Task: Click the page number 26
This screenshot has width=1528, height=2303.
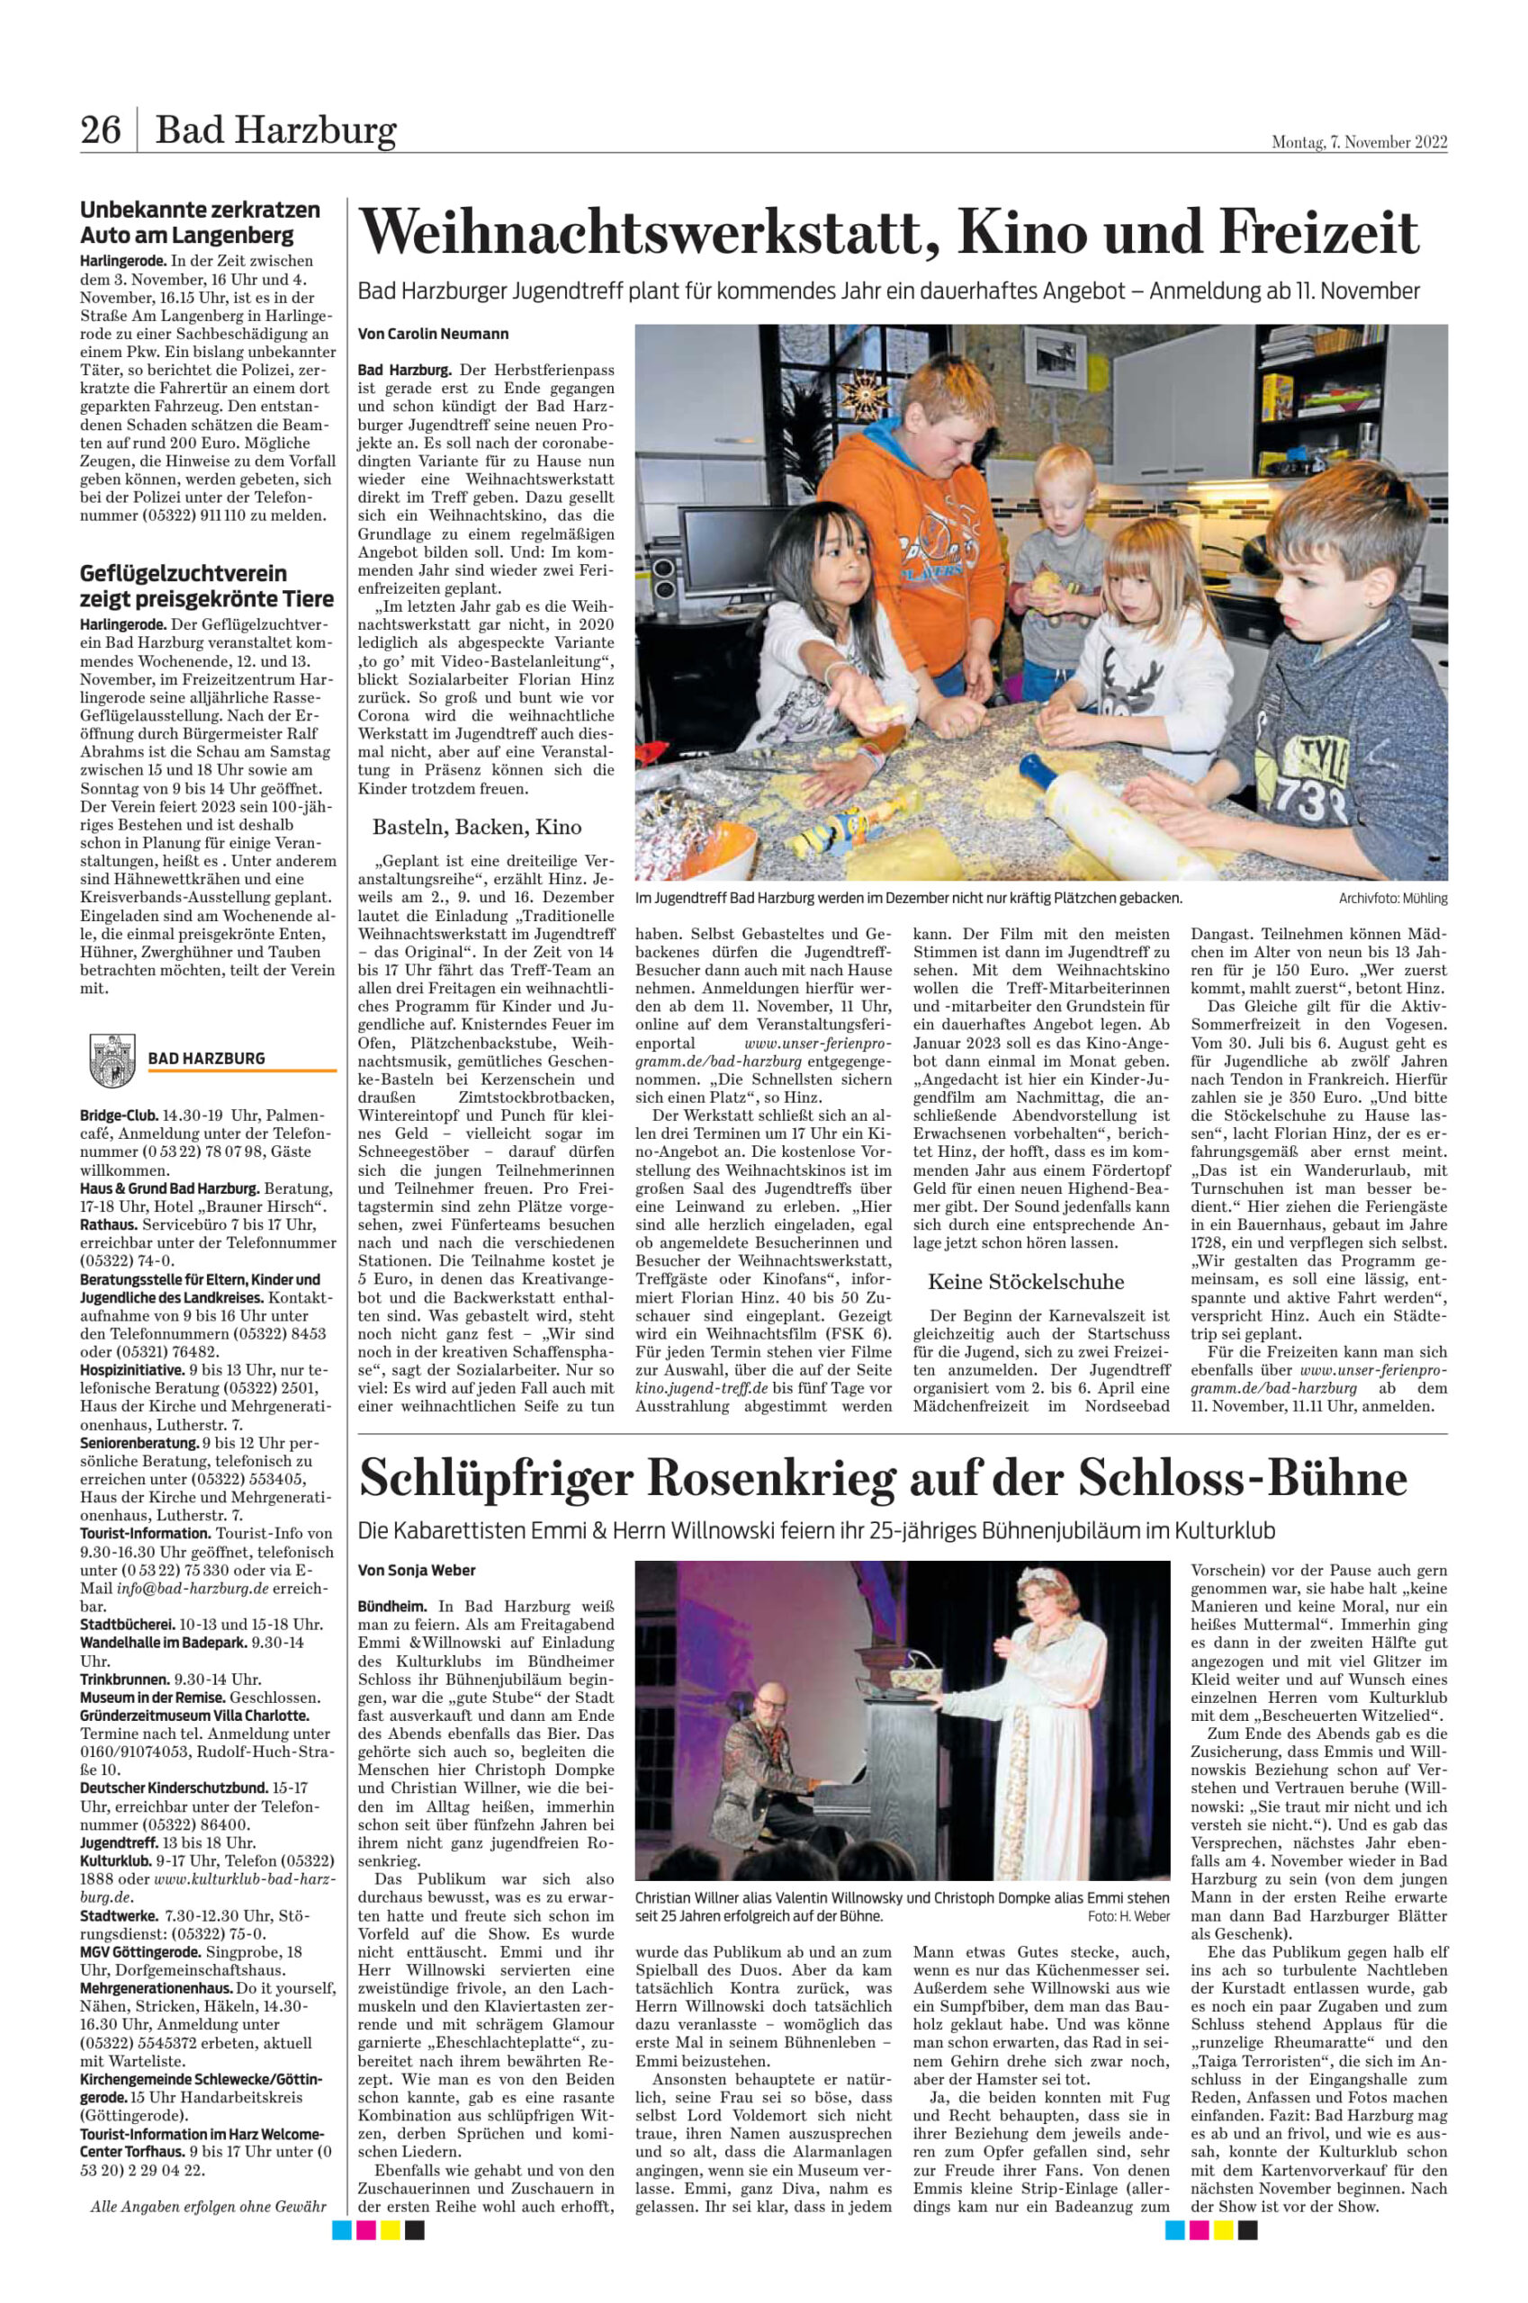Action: point(101,130)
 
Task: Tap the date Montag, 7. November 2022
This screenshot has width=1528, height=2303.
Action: point(1359,142)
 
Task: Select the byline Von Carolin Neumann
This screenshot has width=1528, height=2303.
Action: point(433,334)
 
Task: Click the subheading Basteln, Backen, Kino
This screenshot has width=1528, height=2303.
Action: point(477,827)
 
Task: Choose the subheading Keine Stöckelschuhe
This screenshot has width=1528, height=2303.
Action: point(1025,1282)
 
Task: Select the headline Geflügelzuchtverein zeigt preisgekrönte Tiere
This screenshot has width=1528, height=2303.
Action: point(207,586)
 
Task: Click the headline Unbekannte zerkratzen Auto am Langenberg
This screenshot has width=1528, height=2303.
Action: point(201,222)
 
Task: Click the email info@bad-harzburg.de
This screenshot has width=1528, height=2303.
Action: point(177,1588)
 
